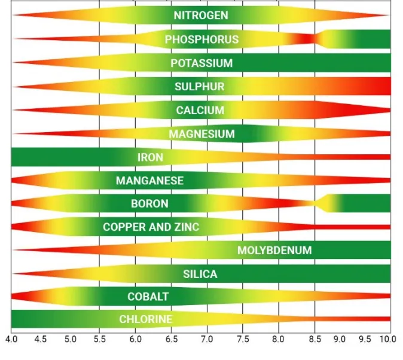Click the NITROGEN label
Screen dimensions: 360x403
[x=201, y=16]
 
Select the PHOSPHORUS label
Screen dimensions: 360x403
[x=202, y=39]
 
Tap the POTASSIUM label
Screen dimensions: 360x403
[x=202, y=63]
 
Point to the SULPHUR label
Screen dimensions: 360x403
[x=200, y=87]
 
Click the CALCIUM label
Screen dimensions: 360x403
[x=200, y=110]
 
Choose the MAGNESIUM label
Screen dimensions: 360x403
[x=202, y=134]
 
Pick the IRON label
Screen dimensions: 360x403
[x=150, y=157]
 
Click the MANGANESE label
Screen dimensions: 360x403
[x=149, y=180]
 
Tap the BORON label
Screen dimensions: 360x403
[x=149, y=203]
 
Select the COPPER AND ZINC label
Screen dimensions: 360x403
[x=151, y=227]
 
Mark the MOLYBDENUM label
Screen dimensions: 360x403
[x=274, y=250]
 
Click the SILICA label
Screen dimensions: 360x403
[x=200, y=274]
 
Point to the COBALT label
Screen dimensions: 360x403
[x=148, y=297]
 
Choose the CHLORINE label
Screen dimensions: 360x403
[x=146, y=319]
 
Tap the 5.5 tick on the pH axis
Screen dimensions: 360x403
[x=99, y=339]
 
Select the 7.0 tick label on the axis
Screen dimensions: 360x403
[x=207, y=339]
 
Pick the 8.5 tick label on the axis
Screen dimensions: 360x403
[x=315, y=339]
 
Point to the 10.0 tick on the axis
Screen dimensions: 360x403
[x=387, y=339]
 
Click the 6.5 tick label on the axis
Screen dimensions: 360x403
[x=171, y=339]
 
